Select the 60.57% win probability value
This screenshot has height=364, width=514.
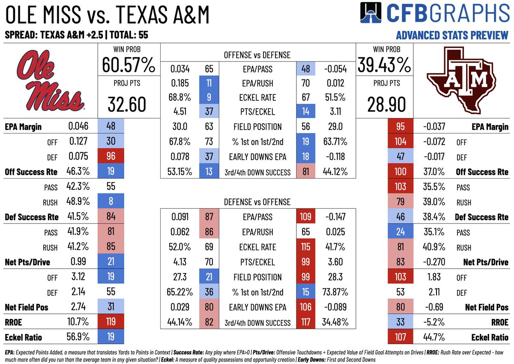tap(128, 65)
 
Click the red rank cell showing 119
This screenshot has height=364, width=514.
tap(111, 322)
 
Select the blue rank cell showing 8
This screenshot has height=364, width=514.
tap(111, 202)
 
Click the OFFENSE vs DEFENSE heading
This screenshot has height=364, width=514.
tap(257, 55)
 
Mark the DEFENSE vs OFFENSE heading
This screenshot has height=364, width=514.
tap(257, 202)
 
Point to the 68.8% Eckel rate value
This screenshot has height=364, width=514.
tap(180, 97)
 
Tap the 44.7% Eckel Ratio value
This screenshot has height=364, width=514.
tap(433, 337)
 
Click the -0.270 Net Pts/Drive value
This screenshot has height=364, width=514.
tap(433, 262)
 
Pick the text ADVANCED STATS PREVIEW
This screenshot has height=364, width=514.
tap(452, 35)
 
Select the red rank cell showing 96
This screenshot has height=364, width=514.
tap(111, 157)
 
